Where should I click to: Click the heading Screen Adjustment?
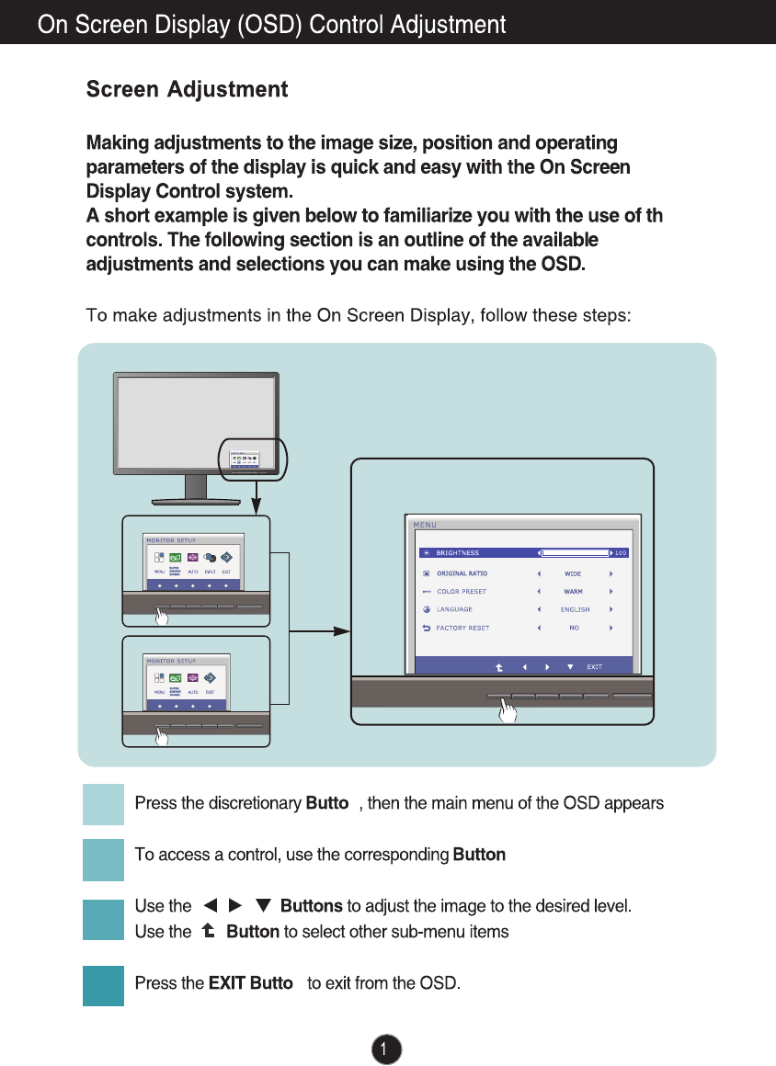click(x=187, y=90)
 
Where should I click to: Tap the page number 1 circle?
click(x=387, y=1049)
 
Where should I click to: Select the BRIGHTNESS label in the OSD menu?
click(x=457, y=553)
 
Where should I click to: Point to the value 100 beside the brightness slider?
click(x=621, y=553)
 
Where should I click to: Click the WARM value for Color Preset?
click(x=573, y=592)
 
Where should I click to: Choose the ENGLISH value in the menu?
click(x=575, y=609)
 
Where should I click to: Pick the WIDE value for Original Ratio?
click(x=573, y=573)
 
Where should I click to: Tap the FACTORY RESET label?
click(x=462, y=628)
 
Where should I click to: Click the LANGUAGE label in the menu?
click(x=454, y=609)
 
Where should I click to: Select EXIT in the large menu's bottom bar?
click(x=595, y=667)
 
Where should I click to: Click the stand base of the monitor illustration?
click(x=196, y=500)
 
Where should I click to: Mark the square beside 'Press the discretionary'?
click(x=103, y=804)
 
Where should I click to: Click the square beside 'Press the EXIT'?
click(x=103, y=984)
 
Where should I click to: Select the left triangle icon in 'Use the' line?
click(x=210, y=907)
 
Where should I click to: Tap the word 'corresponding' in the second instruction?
click(x=405, y=856)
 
